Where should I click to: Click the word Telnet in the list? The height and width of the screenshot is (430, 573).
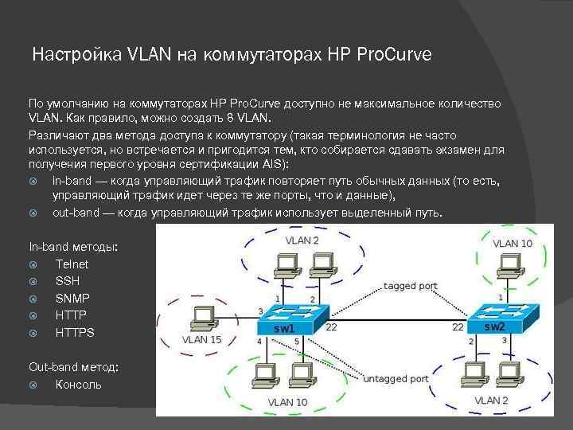(x=72, y=264)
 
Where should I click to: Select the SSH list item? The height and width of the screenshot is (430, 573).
(x=68, y=281)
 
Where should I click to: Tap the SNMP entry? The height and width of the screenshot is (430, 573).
(x=72, y=298)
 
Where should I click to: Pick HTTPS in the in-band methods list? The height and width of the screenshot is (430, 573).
(x=75, y=333)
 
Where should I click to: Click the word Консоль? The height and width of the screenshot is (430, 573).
(x=78, y=385)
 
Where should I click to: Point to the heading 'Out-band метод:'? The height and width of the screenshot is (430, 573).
(x=74, y=367)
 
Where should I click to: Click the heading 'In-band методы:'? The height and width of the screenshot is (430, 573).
(x=73, y=247)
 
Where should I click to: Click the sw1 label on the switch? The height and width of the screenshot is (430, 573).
(x=284, y=327)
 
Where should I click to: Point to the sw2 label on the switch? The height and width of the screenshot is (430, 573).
(x=494, y=326)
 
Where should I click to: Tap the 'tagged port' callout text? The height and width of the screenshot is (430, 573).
(x=410, y=285)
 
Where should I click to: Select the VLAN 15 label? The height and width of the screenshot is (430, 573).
(x=201, y=339)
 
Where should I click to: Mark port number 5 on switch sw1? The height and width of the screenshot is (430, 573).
(x=297, y=342)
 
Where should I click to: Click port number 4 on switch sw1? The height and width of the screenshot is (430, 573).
(x=259, y=341)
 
